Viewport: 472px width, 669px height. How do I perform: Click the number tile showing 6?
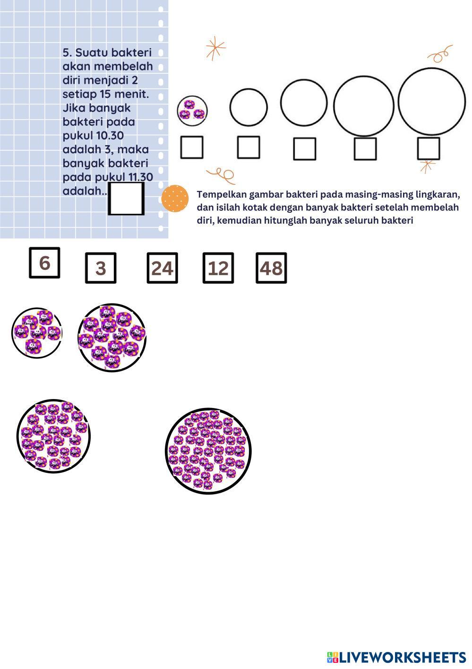click(44, 263)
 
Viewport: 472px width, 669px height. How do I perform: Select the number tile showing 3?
click(101, 268)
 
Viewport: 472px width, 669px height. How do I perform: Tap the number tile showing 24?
click(162, 268)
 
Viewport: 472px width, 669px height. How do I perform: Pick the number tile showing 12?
click(218, 268)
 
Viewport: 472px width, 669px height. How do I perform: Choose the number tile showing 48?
click(271, 268)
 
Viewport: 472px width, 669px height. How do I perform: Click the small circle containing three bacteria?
click(192, 111)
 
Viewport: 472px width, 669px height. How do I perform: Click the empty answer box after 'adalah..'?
click(126, 199)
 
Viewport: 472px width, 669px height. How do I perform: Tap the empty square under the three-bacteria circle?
click(192, 148)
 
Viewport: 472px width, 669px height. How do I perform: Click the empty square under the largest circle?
click(429, 148)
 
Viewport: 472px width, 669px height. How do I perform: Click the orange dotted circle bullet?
click(175, 199)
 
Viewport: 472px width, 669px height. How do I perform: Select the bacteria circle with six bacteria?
click(36, 332)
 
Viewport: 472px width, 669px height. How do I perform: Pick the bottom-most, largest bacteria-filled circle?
click(208, 452)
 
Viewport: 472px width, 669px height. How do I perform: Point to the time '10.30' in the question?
click(110, 136)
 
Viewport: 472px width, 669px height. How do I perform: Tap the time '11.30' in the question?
click(140, 177)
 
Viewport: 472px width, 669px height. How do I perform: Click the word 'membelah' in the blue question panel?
click(130, 66)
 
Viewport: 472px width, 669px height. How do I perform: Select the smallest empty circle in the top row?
click(249, 107)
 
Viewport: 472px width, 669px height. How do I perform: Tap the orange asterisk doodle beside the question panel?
click(215, 48)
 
